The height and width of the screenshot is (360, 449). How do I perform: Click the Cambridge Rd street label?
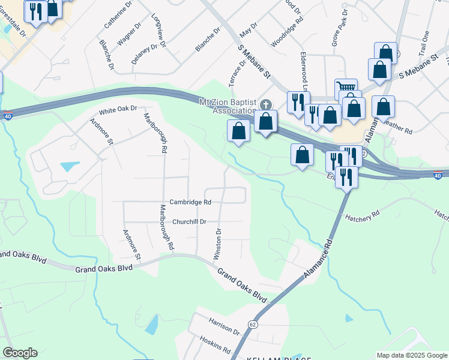coord(190,203)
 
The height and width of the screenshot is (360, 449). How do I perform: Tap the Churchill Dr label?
coord(189,221)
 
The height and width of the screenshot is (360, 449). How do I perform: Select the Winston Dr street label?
coord(218,244)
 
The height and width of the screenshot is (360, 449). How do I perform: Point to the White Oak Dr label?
coord(118,110)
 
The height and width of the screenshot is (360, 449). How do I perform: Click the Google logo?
coord(20,353)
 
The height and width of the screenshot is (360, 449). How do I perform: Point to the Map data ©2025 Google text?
coord(411,355)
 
